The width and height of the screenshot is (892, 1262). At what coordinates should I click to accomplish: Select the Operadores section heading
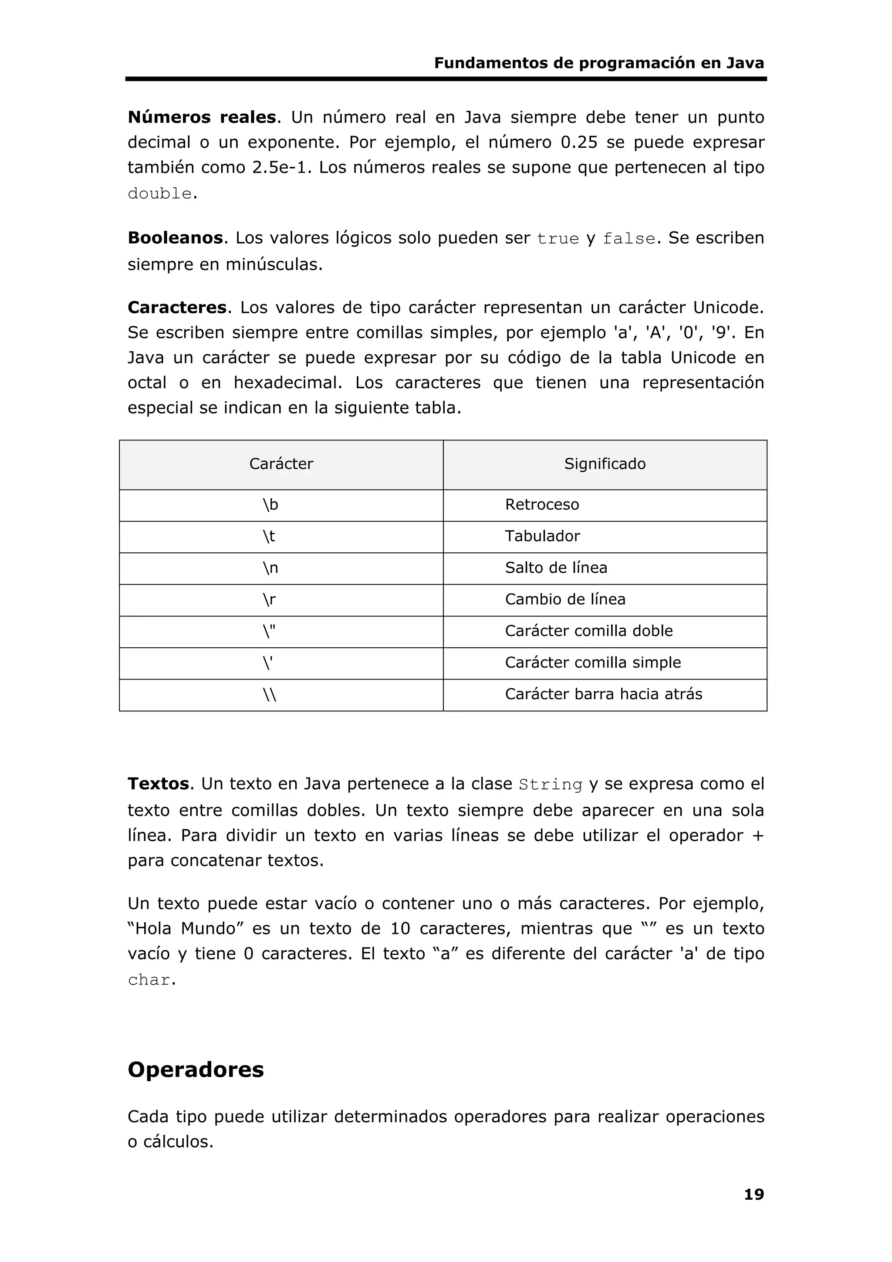[196, 1069]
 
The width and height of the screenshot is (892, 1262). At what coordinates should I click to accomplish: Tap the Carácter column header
[281, 464]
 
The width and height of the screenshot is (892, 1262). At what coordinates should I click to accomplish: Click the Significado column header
[605, 464]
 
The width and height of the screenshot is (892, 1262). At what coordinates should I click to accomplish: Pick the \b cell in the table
[270, 504]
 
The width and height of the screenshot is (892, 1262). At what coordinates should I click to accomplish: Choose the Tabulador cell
[542, 536]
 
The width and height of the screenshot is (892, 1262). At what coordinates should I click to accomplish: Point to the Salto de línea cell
[556, 568]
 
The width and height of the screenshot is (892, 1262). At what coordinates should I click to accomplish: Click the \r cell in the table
[269, 599]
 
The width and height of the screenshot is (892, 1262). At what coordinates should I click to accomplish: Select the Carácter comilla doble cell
[588, 631]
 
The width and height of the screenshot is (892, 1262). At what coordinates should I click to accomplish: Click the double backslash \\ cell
[269, 695]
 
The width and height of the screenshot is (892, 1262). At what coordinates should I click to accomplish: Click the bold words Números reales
[202, 117]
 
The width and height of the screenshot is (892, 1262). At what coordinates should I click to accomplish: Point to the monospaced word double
[159, 193]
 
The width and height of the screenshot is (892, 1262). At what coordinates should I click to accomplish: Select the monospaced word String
[550, 785]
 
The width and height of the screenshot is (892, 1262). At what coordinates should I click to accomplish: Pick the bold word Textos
[158, 784]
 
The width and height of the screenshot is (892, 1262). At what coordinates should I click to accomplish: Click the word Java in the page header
[745, 63]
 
